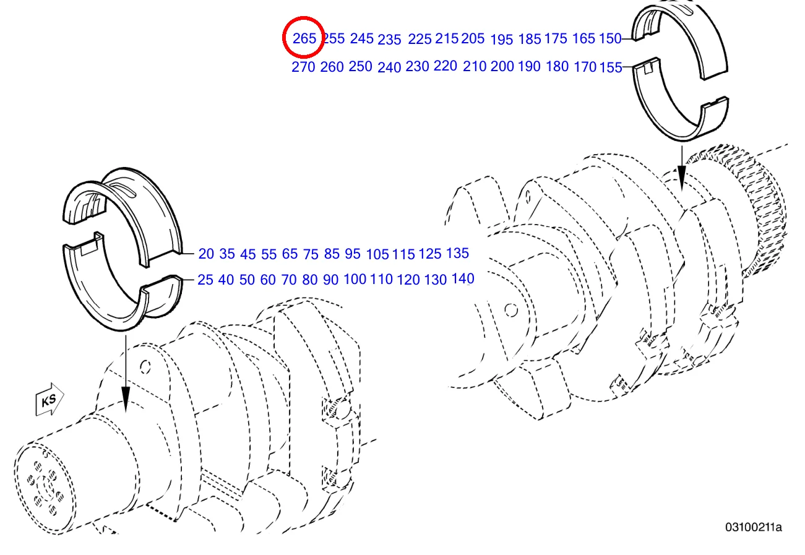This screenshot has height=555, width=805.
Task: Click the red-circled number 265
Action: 304,38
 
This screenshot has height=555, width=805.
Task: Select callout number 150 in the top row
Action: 609,38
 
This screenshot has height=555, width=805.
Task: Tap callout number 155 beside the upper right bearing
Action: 611,67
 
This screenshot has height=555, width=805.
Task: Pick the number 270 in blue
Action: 303,67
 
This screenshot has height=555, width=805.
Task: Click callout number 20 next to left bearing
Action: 206,254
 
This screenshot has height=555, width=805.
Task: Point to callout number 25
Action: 205,280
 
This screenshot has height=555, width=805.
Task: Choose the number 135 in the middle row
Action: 457,252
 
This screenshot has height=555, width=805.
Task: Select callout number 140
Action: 463,278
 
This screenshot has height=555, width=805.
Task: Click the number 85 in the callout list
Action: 332,253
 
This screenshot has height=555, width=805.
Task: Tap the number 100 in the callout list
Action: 355,279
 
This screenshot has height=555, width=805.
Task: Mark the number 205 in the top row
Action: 473,38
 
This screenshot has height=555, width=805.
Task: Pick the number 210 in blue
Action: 475,66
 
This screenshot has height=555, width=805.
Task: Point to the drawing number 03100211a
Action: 754,527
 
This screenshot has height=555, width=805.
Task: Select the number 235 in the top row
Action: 389,40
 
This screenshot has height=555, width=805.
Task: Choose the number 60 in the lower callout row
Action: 268,280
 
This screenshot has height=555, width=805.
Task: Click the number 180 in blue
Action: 557,66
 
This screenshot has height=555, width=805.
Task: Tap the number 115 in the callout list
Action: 403,254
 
